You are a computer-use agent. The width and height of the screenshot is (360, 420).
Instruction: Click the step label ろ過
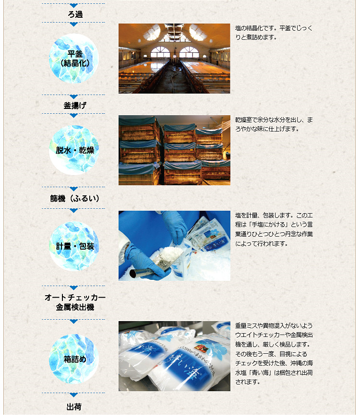click(x=75, y=14)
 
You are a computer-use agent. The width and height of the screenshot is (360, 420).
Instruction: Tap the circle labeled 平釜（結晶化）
click(x=74, y=59)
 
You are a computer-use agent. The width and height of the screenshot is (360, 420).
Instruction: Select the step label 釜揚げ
click(x=75, y=106)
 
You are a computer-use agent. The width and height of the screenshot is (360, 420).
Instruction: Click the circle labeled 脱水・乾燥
click(x=74, y=150)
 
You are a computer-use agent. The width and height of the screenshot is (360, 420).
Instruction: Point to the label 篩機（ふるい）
click(x=75, y=199)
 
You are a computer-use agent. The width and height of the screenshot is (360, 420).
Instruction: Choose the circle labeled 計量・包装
click(x=74, y=246)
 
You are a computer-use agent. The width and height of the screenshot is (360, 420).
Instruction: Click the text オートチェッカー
click(x=75, y=297)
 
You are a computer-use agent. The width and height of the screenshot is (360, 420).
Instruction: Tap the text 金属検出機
click(x=75, y=307)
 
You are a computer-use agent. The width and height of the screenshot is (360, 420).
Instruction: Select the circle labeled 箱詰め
click(x=74, y=359)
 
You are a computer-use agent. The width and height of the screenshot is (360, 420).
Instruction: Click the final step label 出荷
click(x=74, y=407)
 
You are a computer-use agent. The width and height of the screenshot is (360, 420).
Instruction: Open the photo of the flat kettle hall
click(x=174, y=59)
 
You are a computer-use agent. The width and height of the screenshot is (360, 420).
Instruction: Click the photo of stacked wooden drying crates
click(x=174, y=150)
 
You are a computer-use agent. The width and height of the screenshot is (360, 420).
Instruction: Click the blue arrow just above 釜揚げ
click(x=73, y=96)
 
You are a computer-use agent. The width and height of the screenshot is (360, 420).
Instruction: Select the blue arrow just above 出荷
click(x=73, y=395)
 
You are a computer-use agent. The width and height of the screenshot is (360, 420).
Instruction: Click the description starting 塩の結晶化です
click(x=274, y=33)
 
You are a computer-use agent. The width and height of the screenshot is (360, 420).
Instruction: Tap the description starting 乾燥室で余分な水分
click(x=274, y=124)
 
